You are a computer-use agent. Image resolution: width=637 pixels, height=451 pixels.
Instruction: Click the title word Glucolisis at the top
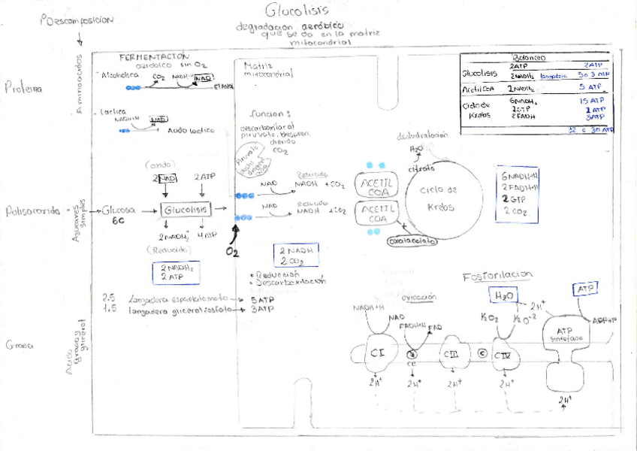(x=297, y=11)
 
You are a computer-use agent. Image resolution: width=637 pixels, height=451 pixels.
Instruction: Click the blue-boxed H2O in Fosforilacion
(x=504, y=296)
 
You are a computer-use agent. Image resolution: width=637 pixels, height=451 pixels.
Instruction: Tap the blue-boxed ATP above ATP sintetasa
(x=584, y=289)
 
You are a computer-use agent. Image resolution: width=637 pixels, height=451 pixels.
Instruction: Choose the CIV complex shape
(x=504, y=355)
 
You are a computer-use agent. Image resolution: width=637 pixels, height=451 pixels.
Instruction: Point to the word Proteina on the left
(x=23, y=88)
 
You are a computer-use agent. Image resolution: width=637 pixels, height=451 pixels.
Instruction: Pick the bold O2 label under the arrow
(x=233, y=252)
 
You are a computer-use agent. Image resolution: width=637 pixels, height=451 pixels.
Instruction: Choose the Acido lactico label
(x=187, y=130)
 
